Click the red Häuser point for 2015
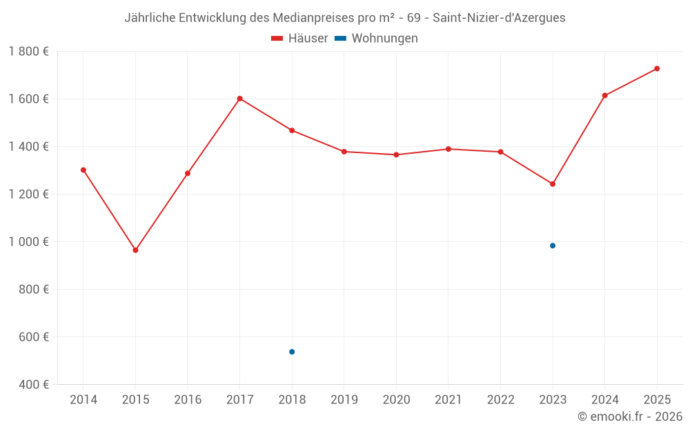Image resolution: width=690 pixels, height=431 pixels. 135,250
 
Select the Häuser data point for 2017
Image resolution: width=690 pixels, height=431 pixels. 239,99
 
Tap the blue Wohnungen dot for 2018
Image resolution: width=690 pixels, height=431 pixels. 292,352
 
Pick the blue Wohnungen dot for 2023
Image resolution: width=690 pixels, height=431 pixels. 553,245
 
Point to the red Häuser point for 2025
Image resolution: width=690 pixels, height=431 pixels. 657,68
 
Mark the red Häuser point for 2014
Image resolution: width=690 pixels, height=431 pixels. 83,170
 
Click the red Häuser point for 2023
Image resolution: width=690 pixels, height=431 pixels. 553,184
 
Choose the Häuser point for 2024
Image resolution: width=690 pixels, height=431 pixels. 605,95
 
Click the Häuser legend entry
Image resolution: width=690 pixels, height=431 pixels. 299,39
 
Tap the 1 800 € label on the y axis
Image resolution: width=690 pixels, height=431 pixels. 28,51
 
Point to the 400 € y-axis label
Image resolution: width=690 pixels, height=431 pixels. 34,384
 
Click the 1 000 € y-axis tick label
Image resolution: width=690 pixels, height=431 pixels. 28,241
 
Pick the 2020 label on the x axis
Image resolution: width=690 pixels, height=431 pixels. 396,400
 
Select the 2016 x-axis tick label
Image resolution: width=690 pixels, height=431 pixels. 188,400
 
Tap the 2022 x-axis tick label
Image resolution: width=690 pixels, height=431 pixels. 500,400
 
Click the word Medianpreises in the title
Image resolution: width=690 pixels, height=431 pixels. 317,18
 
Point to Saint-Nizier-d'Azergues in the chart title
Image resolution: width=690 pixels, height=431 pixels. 499,18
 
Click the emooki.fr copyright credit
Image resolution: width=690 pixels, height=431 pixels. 630,417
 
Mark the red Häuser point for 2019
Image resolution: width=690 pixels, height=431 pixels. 344,152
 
